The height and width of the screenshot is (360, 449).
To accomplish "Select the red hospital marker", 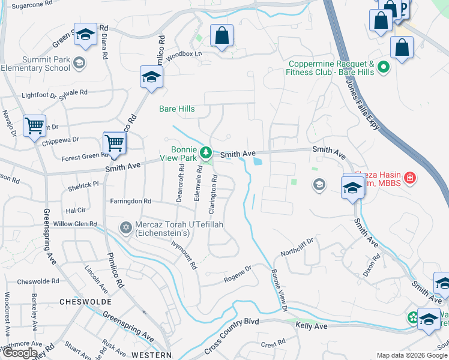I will pyautogui.click(x=410, y=178).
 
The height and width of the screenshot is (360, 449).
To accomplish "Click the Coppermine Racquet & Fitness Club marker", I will pyautogui.click(x=384, y=67).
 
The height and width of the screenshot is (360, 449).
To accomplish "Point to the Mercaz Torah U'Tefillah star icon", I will pyautogui.click(x=125, y=227).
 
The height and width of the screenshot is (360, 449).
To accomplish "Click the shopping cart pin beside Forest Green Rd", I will pyautogui.click(x=114, y=143).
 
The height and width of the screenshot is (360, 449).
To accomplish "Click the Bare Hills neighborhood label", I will pyautogui.click(x=176, y=109).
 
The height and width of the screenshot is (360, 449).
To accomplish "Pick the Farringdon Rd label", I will pyautogui.click(x=130, y=201).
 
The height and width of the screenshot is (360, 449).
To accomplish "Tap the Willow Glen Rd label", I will pyautogui.click(x=75, y=224).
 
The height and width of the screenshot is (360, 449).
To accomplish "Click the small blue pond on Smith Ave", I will pyautogui.click(x=258, y=161).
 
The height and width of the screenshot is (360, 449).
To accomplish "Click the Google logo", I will pyautogui.click(x=19, y=353).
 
